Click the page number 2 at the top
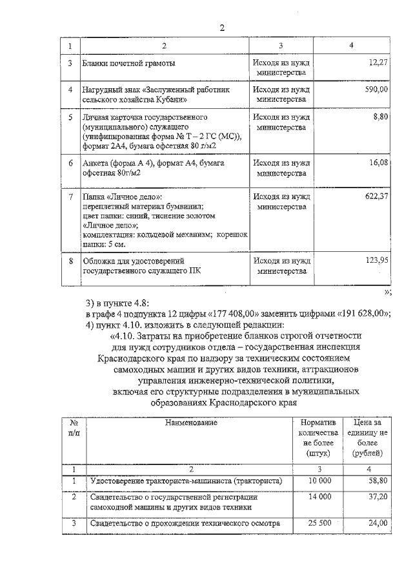(x=222, y=28)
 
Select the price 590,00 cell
(x=374, y=90)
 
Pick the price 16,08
(x=377, y=164)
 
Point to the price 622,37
(x=375, y=196)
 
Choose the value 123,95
(x=375, y=261)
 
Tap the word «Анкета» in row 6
(x=96, y=164)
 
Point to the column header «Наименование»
(x=191, y=423)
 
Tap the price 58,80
(x=377, y=481)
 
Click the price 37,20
(x=377, y=497)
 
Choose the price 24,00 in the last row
(x=377, y=524)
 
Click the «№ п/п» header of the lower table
(x=74, y=428)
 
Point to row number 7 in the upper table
(x=70, y=196)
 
